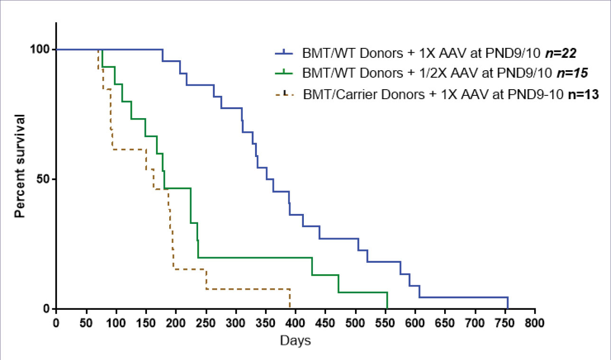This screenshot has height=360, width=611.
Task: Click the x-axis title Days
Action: (295, 341)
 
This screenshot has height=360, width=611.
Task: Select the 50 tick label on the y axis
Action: (44, 179)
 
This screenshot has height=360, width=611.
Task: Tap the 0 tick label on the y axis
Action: (46, 309)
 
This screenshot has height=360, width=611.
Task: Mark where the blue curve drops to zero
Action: (508, 309)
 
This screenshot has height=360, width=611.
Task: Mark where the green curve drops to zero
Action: (387, 309)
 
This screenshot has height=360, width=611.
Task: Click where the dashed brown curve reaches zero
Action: (290, 309)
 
